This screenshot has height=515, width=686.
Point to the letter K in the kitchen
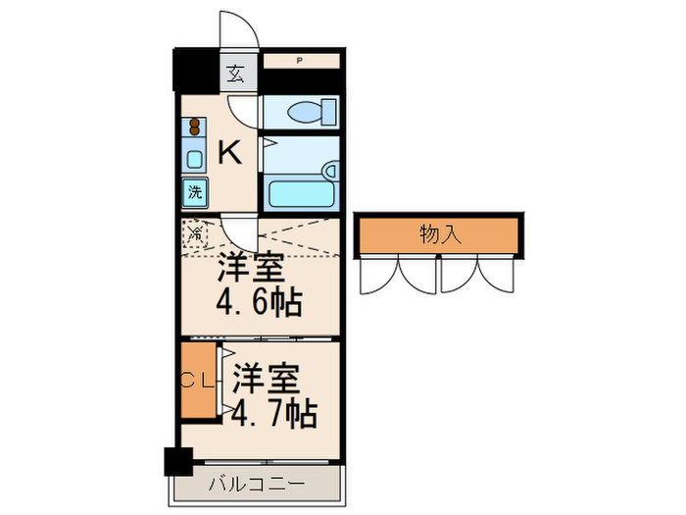[228, 153]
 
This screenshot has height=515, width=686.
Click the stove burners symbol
[195, 128]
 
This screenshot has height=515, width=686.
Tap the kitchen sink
[194, 159]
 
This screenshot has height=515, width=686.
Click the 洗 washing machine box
[194, 192]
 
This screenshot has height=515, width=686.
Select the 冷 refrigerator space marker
[195, 233]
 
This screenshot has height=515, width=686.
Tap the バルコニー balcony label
[257, 484]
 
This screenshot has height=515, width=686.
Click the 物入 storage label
[438, 235]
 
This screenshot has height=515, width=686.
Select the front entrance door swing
[238, 30]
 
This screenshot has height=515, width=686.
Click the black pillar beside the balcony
[177, 462]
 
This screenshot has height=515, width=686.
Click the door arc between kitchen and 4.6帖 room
[237, 235]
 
